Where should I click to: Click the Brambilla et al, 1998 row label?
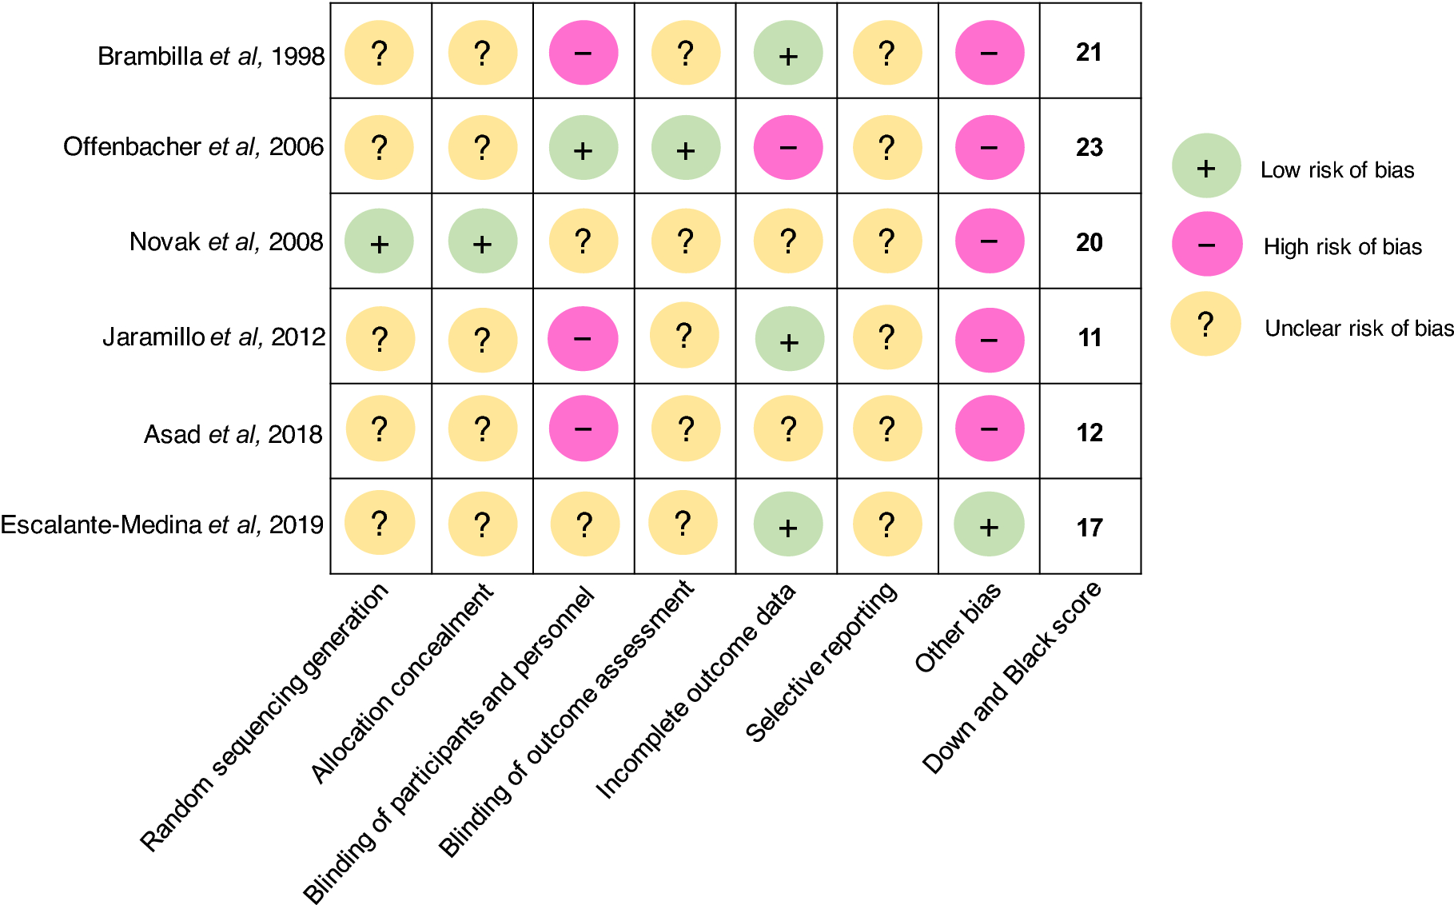[211, 56]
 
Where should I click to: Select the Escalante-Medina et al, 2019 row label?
[162, 524]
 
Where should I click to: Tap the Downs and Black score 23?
[1089, 147]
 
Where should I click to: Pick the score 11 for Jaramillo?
[1089, 337]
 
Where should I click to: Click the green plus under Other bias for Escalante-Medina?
[989, 524]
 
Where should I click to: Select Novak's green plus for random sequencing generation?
[379, 241]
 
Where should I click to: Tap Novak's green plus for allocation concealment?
[482, 241]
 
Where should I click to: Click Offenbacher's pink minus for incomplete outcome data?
[788, 147]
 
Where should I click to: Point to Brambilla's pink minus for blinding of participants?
[583, 53]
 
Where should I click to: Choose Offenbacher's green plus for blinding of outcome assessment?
[685, 148]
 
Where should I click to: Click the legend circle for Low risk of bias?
[1205, 166]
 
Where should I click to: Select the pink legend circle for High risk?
[1206, 245]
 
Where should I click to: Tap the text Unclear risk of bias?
[1358, 328]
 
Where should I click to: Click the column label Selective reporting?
[822, 662]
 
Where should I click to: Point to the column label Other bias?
[958, 628]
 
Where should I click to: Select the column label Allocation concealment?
[402, 684]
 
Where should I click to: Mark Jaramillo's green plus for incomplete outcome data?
[789, 339]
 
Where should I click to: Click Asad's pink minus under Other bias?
[989, 429]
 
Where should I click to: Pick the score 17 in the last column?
[1089, 528]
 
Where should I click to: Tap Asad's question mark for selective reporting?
[886, 429]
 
